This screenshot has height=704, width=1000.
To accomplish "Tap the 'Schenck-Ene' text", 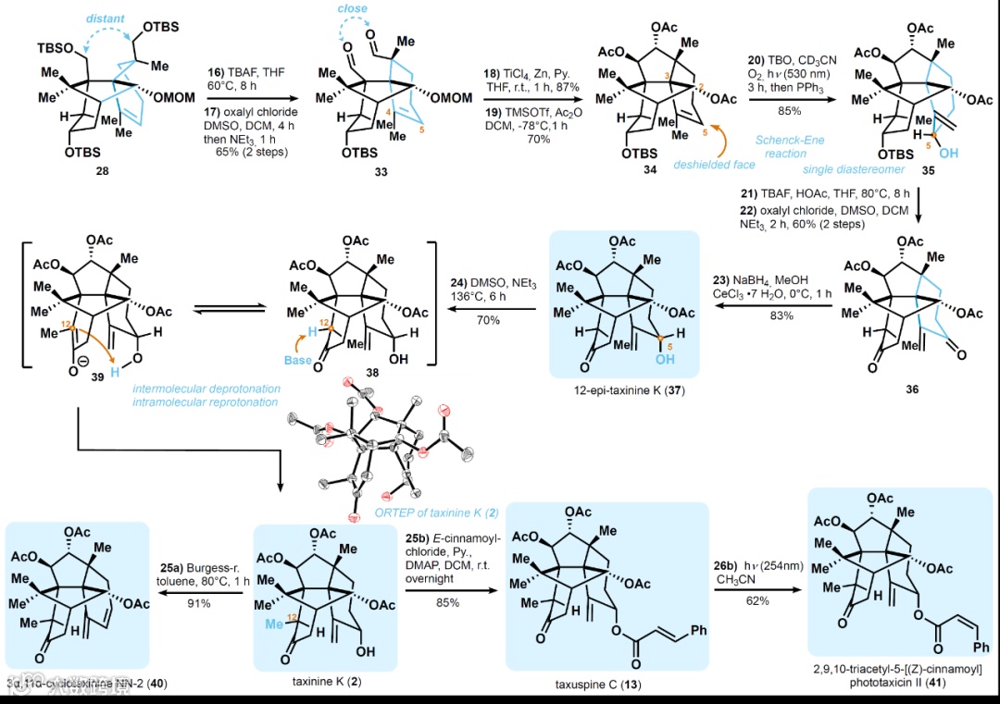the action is click(x=814, y=140).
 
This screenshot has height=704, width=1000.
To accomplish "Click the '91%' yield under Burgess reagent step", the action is click(x=198, y=603).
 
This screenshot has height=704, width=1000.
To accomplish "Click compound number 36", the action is click(x=914, y=390).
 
